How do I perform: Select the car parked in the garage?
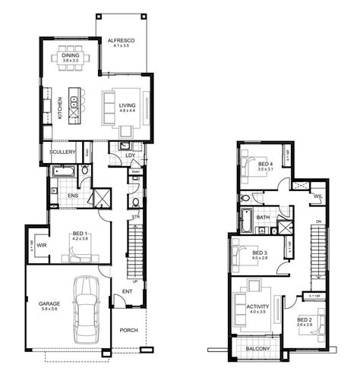click(x=86, y=307)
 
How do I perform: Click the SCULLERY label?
click(x=62, y=152)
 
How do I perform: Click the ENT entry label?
click(x=128, y=293)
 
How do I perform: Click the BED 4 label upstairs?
click(x=264, y=164)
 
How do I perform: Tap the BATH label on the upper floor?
click(x=263, y=218)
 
